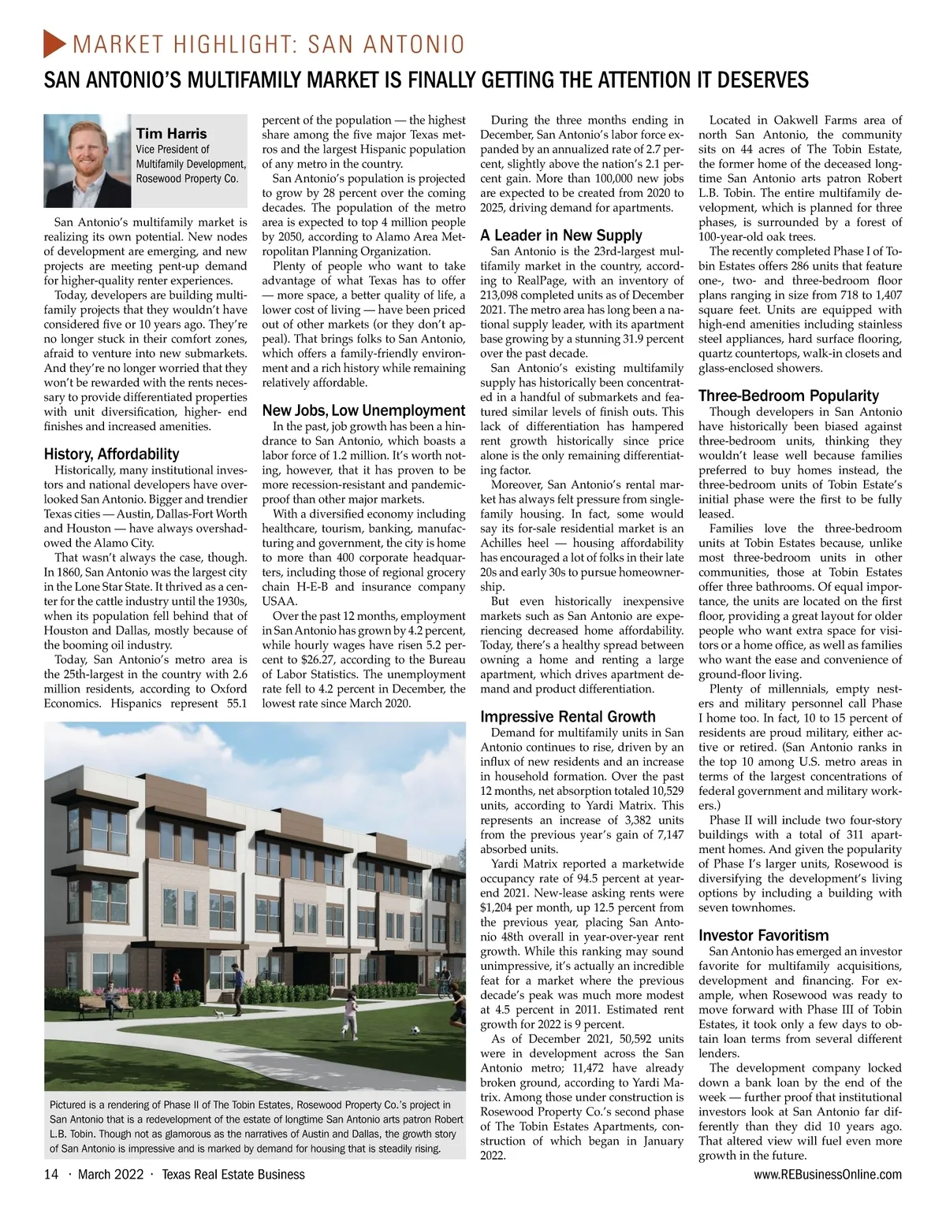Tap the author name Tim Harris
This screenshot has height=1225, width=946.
point(171,133)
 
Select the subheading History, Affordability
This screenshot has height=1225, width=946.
point(111,454)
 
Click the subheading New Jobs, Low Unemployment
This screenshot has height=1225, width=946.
point(363,410)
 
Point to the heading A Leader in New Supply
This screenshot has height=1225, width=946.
point(561,235)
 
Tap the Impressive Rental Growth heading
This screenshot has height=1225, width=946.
point(568,716)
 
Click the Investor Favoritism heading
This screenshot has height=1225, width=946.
point(763,935)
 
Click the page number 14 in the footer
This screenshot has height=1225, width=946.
point(51,1175)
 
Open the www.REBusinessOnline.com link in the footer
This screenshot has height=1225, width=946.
point(828,1175)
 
